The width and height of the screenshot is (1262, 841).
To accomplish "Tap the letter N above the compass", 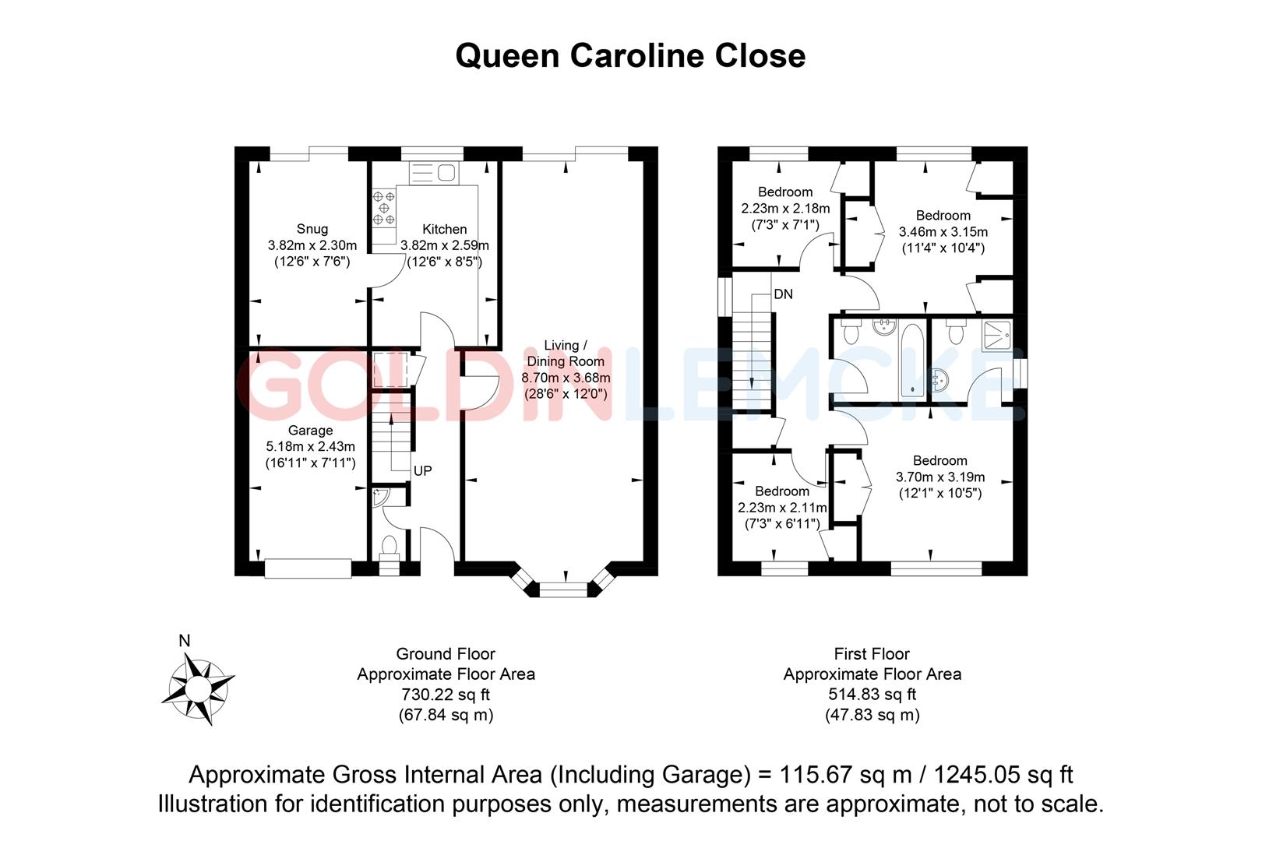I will point(185,642).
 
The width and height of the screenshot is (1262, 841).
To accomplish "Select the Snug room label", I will point(312,229).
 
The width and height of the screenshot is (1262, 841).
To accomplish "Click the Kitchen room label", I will point(444,229).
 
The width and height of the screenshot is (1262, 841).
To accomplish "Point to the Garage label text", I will point(310,430).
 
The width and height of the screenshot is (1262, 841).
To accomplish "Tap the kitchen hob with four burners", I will point(383,209).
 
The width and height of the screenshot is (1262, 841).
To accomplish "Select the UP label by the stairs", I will point(422,471).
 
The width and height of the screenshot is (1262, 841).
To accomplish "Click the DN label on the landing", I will point(783,294).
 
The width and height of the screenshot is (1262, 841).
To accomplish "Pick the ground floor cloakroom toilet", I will point(390,544).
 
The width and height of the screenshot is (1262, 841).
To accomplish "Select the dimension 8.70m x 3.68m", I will point(566,378).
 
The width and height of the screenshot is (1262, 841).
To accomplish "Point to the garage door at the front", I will point(308,568).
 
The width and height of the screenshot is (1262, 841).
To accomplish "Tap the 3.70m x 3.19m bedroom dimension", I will point(939,477).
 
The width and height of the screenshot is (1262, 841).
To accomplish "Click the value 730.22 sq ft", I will point(445,695).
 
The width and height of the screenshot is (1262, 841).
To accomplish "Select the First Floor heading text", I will point(871,654).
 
